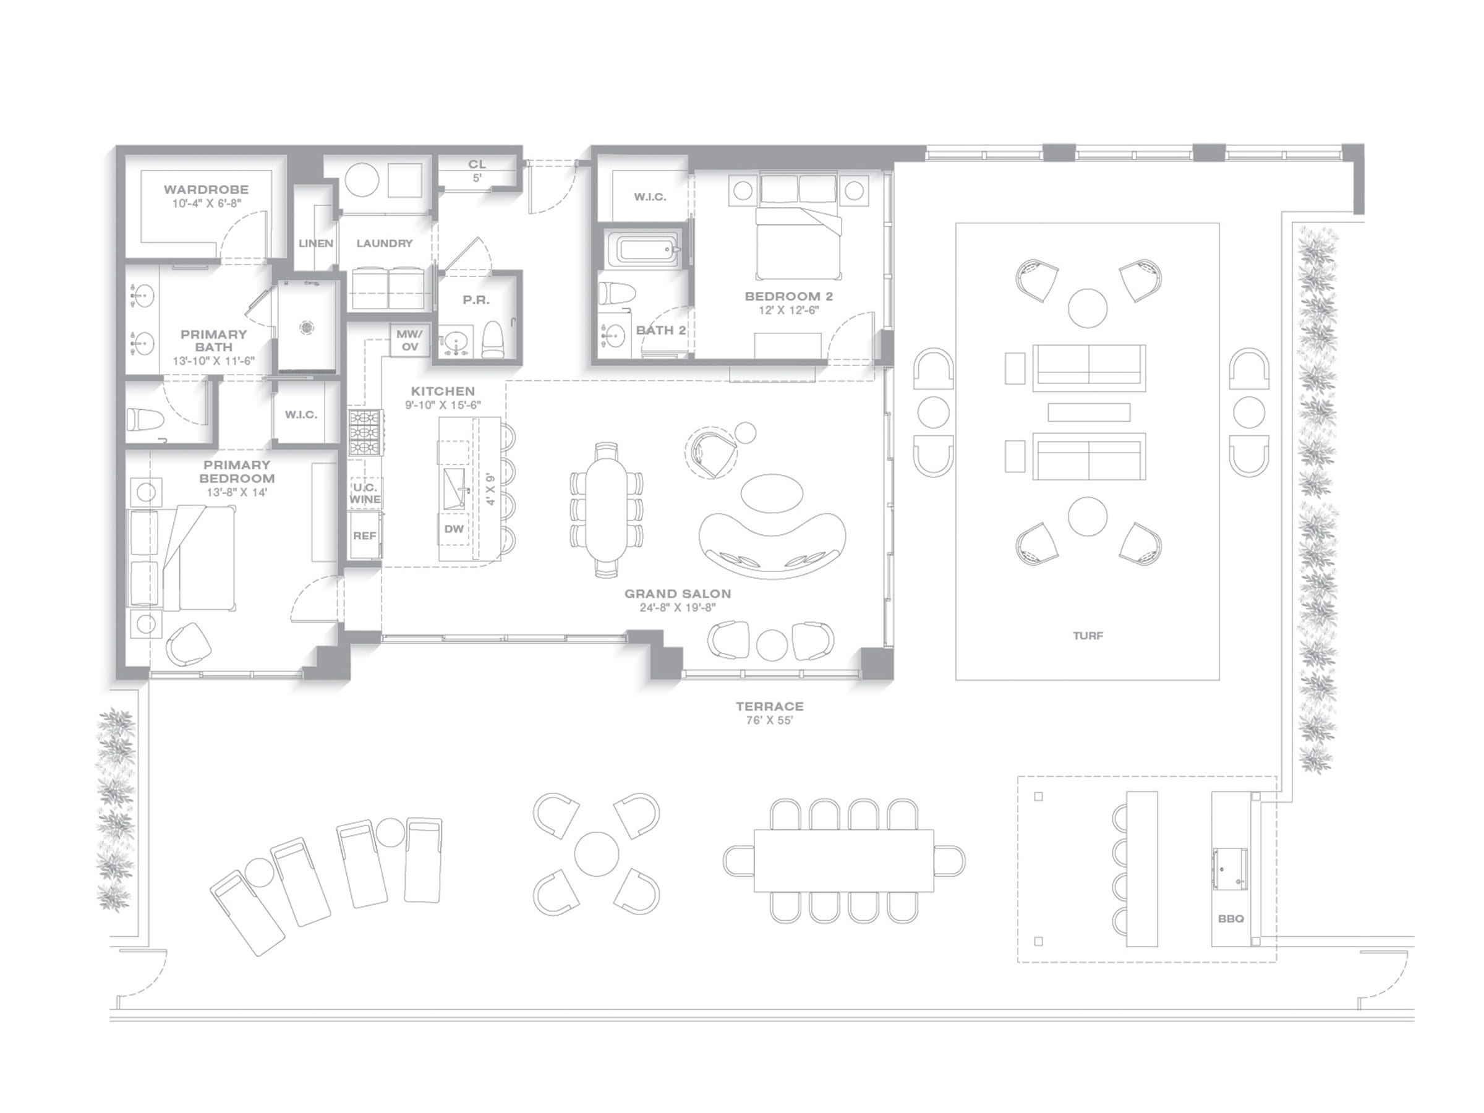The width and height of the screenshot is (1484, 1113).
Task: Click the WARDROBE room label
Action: pyautogui.click(x=206, y=190)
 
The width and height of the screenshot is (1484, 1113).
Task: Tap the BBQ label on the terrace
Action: pyautogui.click(x=1231, y=919)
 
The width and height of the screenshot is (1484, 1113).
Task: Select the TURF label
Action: pyautogui.click(x=1088, y=635)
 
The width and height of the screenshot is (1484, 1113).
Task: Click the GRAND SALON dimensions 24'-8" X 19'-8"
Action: pyautogui.click(x=678, y=608)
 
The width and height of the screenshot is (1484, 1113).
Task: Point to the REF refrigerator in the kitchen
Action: pyautogui.click(x=365, y=535)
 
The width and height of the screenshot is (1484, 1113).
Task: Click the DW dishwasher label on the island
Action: pyautogui.click(x=453, y=529)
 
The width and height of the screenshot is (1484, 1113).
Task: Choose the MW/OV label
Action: pyautogui.click(x=409, y=340)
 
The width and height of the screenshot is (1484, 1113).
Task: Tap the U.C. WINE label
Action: pyautogui.click(x=365, y=493)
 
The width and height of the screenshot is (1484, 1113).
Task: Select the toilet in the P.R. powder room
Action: pyautogui.click(x=493, y=339)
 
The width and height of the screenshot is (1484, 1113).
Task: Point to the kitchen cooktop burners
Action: pyautogui.click(x=365, y=433)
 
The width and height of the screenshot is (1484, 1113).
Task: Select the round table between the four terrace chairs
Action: pyautogui.click(x=597, y=853)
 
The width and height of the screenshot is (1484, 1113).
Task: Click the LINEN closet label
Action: pyautogui.click(x=316, y=244)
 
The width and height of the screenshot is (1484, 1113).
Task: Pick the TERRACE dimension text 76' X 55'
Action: pyautogui.click(x=769, y=720)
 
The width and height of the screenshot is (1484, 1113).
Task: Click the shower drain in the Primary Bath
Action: pyautogui.click(x=307, y=326)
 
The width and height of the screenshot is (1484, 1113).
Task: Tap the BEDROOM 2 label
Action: pyautogui.click(x=789, y=296)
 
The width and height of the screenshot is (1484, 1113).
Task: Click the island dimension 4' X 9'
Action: pyautogui.click(x=490, y=489)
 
